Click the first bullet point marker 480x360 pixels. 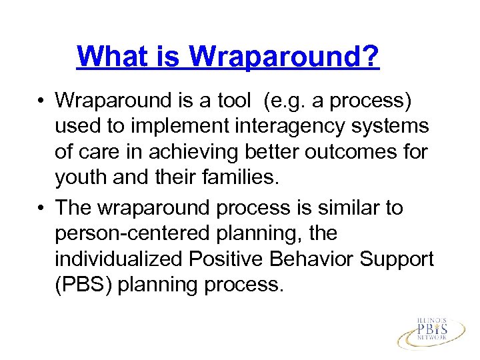pyautogui.click(x=41, y=101)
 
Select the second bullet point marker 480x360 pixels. pyautogui.click(x=41, y=209)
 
